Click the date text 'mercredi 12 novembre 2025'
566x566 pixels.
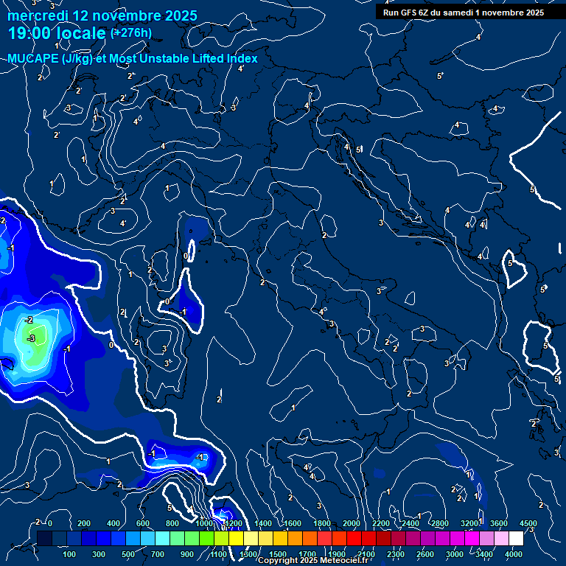(x=102, y=15)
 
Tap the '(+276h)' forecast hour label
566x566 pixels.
(x=131, y=32)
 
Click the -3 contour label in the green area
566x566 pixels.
(x=31, y=338)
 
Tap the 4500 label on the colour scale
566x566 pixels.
(x=528, y=524)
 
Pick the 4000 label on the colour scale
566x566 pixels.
(x=514, y=554)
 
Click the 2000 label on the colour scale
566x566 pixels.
(x=351, y=524)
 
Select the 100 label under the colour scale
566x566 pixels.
(x=70, y=554)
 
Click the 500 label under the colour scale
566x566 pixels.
(x=129, y=554)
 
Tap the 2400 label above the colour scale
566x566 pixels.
(x=410, y=524)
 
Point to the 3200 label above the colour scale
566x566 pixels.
(x=469, y=524)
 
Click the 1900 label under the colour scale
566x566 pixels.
(x=337, y=554)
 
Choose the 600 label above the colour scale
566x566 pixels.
(x=143, y=524)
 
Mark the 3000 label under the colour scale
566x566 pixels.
(x=455, y=554)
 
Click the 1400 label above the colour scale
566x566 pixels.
(x=262, y=524)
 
